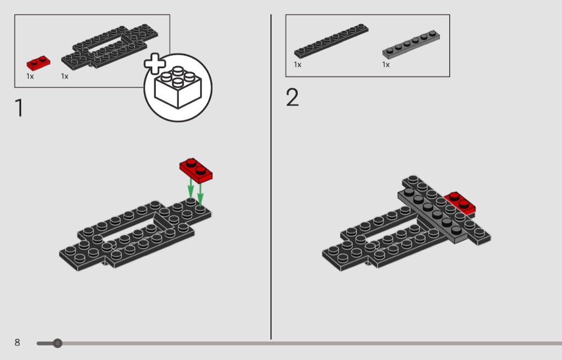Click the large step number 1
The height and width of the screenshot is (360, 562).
click(x=19, y=108)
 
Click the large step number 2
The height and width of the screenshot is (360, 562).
click(x=292, y=98)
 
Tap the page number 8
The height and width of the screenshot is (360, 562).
click(x=17, y=342)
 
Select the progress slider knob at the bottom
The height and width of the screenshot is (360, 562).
click(x=58, y=343)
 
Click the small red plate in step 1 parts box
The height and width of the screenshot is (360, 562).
click(x=39, y=63)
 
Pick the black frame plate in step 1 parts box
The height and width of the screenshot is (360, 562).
click(x=110, y=47)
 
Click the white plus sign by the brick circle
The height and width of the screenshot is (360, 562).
click(x=155, y=64)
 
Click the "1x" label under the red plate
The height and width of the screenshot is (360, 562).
click(x=31, y=76)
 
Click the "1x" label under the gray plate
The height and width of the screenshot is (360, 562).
click(x=386, y=65)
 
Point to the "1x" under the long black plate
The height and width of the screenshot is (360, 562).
click(x=298, y=65)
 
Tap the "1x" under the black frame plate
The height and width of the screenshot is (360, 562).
click(x=65, y=76)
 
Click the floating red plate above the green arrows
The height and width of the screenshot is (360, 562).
click(x=196, y=170)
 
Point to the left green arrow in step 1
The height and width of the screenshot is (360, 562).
click(x=190, y=190)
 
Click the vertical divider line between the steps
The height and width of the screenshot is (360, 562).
click(x=271, y=177)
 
